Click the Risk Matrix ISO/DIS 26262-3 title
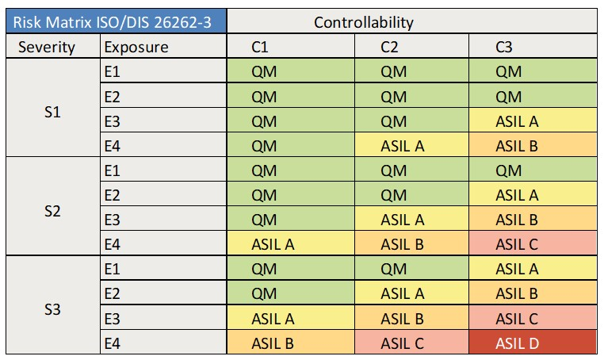(x=116, y=21)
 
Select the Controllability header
(x=364, y=21)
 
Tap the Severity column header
(x=47, y=47)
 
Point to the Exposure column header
(x=136, y=47)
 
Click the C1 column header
(x=261, y=47)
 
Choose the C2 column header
(x=389, y=47)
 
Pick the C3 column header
(x=504, y=47)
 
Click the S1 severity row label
(x=52, y=109)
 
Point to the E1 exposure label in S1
(x=113, y=72)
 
